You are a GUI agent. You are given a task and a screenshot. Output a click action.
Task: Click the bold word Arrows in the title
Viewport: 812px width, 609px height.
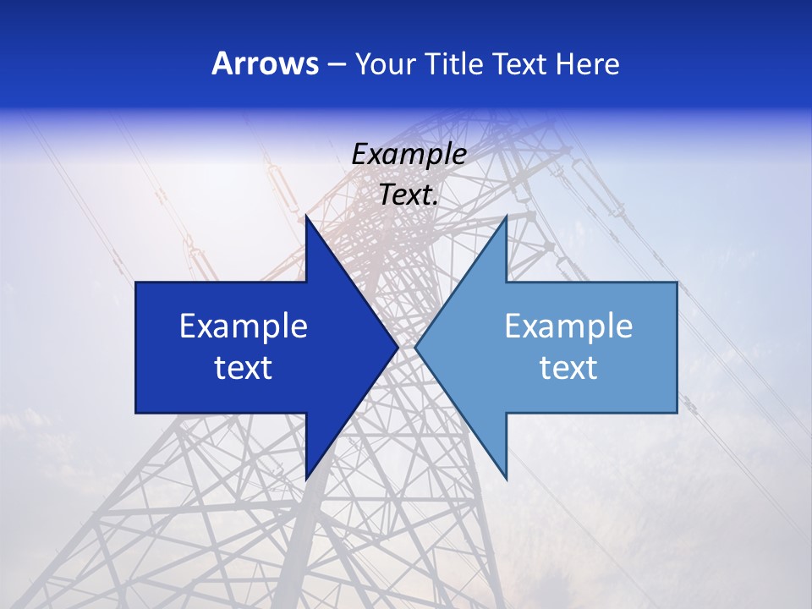[x=266, y=63]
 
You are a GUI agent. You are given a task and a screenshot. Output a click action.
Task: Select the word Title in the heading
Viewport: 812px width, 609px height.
[x=458, y=63]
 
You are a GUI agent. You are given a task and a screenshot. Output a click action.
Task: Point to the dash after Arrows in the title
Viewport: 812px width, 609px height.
[x=336, y=64]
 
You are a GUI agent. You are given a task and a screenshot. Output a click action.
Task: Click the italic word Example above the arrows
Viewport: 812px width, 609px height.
[x=409, y=155]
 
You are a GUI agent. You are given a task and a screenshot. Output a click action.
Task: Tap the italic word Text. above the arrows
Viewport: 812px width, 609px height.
[x=409, y=195]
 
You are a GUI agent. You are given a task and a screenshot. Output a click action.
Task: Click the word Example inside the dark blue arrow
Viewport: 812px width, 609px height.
[x=244, y=326]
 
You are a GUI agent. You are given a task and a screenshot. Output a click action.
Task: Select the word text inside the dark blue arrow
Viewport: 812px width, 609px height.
[x=244, y=368]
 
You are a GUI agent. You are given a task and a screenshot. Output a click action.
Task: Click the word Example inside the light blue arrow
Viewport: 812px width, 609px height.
[x=568, y=326]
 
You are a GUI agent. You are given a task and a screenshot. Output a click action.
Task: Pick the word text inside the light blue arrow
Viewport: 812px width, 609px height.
[x=568, y=368]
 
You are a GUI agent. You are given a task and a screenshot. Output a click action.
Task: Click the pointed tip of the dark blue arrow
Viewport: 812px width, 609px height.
[x=398, y=348]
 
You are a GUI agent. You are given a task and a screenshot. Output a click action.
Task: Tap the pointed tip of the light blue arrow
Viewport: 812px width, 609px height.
[x=415, y=348]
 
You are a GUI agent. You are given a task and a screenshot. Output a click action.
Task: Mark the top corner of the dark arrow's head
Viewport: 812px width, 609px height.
[x=306, y=217]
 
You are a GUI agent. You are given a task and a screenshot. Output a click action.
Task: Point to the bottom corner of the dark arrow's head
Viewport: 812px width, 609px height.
[x=306, y=479]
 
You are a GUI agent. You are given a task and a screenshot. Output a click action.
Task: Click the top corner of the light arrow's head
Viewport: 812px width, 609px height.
[x=506, y=217]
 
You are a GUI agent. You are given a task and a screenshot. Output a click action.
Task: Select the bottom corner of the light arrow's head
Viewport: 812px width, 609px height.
[x=506, y=479]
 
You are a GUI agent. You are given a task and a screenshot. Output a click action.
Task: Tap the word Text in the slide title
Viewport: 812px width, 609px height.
[x=518, y=63]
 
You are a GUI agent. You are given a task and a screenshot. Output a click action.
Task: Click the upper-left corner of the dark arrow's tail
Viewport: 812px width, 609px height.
[x=136, y=283]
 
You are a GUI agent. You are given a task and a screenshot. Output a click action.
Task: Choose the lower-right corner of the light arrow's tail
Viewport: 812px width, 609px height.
[x=677, y=413]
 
